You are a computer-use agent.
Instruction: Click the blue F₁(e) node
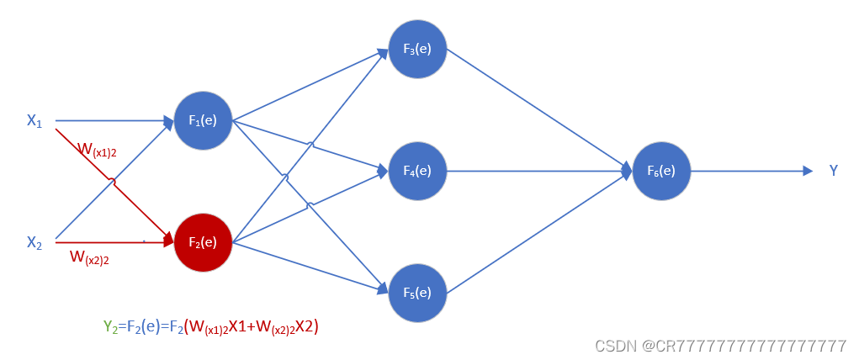[203, 120]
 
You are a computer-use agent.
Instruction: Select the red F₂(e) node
[203, 242]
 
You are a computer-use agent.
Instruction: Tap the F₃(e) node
[417, 48]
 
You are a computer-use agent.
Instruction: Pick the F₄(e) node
[417, 171]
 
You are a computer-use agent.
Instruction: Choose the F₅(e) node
[417, 292]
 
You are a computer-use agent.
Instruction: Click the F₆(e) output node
[660, 171]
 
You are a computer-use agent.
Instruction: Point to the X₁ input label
[34, 121]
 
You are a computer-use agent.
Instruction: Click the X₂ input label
[34, 243]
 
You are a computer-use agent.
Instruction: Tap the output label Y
[833, 171]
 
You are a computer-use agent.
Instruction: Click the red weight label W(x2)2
[89, 257]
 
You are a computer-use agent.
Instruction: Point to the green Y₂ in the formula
[110, 326]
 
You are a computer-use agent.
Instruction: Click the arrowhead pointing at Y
[808, 171]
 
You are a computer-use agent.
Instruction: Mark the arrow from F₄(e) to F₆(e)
[538, 171]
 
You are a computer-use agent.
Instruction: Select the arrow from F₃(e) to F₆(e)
[538, 109]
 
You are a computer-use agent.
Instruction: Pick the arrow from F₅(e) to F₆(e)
[538, 232]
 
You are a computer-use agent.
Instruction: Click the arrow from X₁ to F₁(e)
[109, 120]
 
